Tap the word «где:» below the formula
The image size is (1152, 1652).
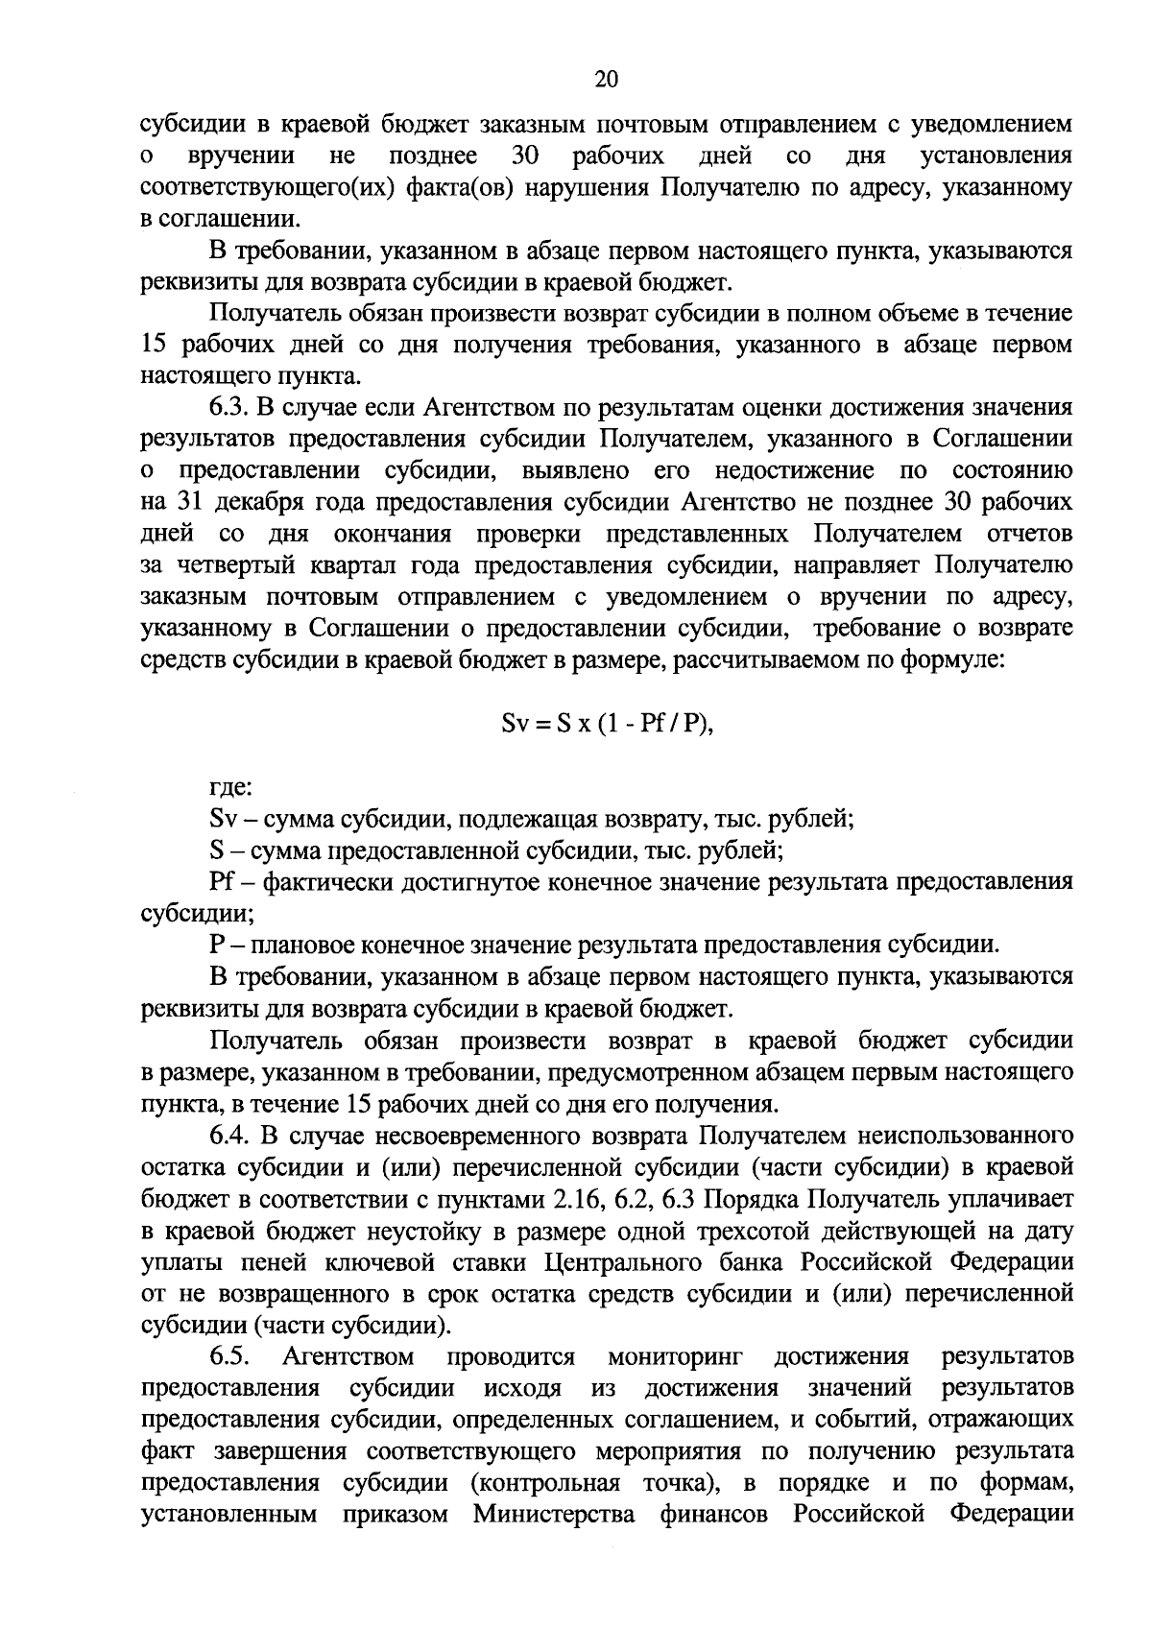point(231,788)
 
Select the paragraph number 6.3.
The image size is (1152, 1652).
point(230,408)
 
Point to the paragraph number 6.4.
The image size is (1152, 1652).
point(231,1137)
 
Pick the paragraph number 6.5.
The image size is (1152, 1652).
point(231,1357)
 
